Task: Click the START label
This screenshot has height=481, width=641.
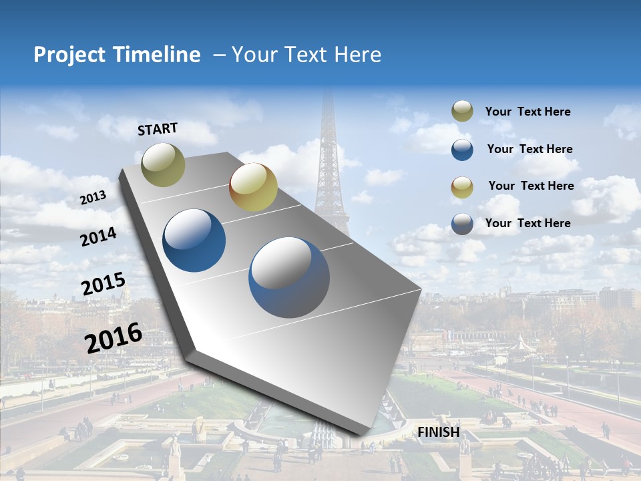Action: (x=158, y=129)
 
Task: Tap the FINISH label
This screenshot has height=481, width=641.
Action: (x=439, y=432)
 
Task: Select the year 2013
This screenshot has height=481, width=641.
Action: (x=93, y=198)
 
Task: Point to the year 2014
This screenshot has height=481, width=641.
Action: (x=98, y=236)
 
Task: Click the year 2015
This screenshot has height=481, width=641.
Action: (x=103, y=284)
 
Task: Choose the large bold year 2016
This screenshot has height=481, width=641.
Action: (x=114, y=337)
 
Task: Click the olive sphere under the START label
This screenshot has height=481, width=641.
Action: (x=163, y=164)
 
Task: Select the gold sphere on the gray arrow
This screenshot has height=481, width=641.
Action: (x=253, y=186)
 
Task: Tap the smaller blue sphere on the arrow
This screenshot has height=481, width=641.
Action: (x=194, y=240)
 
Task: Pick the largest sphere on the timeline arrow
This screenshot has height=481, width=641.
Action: (x=289, y=277)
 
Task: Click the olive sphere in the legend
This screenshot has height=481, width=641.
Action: (x=462, y=112)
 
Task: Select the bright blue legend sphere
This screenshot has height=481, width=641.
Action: (x=462, y=149)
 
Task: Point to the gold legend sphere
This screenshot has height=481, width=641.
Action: (x=462, y=186)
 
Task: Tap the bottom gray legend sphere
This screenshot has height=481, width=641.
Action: (x=462, y=223)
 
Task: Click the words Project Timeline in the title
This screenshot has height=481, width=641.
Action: (x=117, y=55)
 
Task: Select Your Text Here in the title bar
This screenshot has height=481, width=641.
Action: (x=306, y=55)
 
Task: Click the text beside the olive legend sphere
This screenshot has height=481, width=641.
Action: (x=527, y=112)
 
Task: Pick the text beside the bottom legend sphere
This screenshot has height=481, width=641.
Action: (x=527, y=223)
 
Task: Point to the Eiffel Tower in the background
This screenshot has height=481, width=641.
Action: (x=329, y=160)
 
